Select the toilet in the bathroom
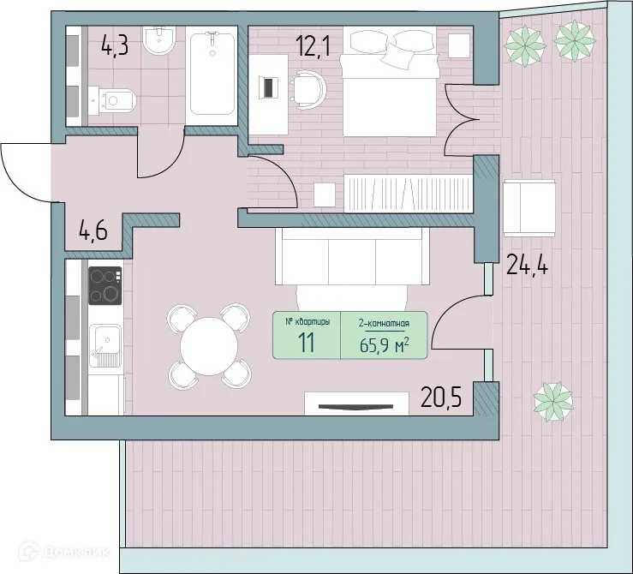[x=116, y=100]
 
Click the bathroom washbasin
[x=160, y=42]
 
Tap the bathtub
[x=212, y=74]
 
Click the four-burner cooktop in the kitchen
[x=105, y=286]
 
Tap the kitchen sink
[x=105, y=345]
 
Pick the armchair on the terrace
[x=528, y=208]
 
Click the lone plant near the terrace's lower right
[x=552, y=401]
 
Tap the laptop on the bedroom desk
[x=269, y=87]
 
